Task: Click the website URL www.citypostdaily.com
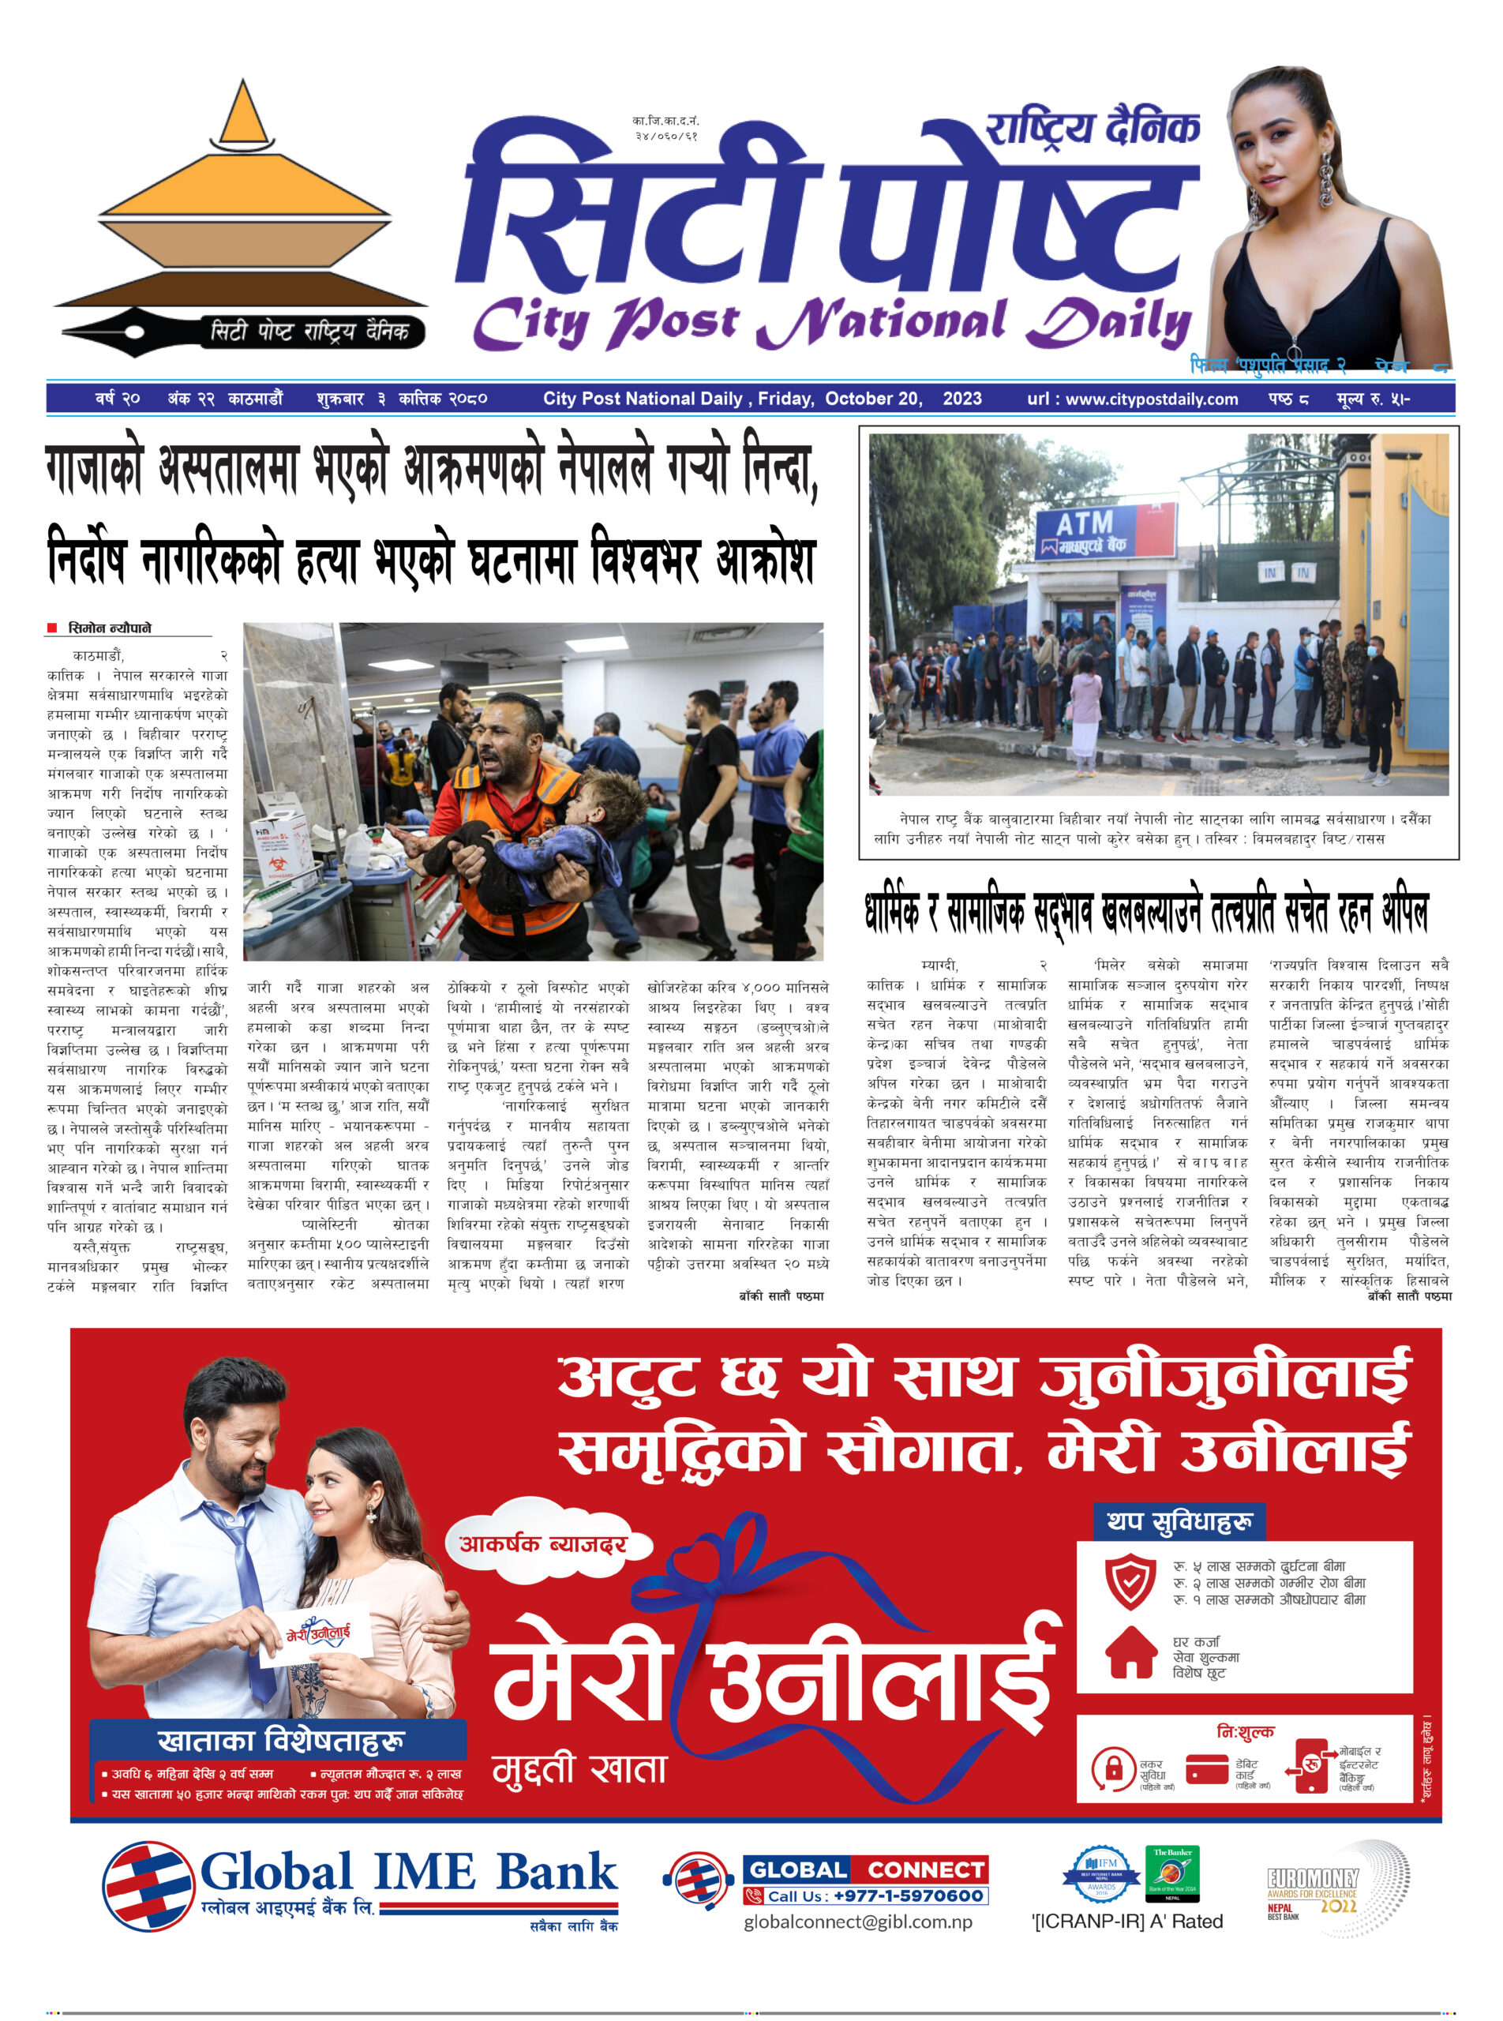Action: (x=1151, y=399)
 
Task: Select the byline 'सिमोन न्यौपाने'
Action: (x=109, y=628)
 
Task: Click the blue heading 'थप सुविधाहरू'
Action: (x=1179, y=1521)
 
